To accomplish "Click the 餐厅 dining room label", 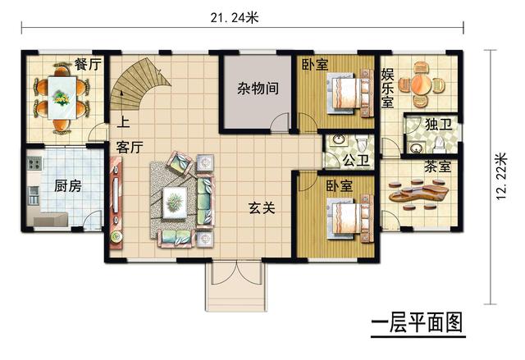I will [88, 64].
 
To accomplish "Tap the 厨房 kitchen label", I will [67, 185].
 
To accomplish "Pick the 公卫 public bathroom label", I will [355, 159].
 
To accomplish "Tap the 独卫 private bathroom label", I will [439, 125].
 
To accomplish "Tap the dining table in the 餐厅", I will [61, 97].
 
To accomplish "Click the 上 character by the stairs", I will [123, 125].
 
